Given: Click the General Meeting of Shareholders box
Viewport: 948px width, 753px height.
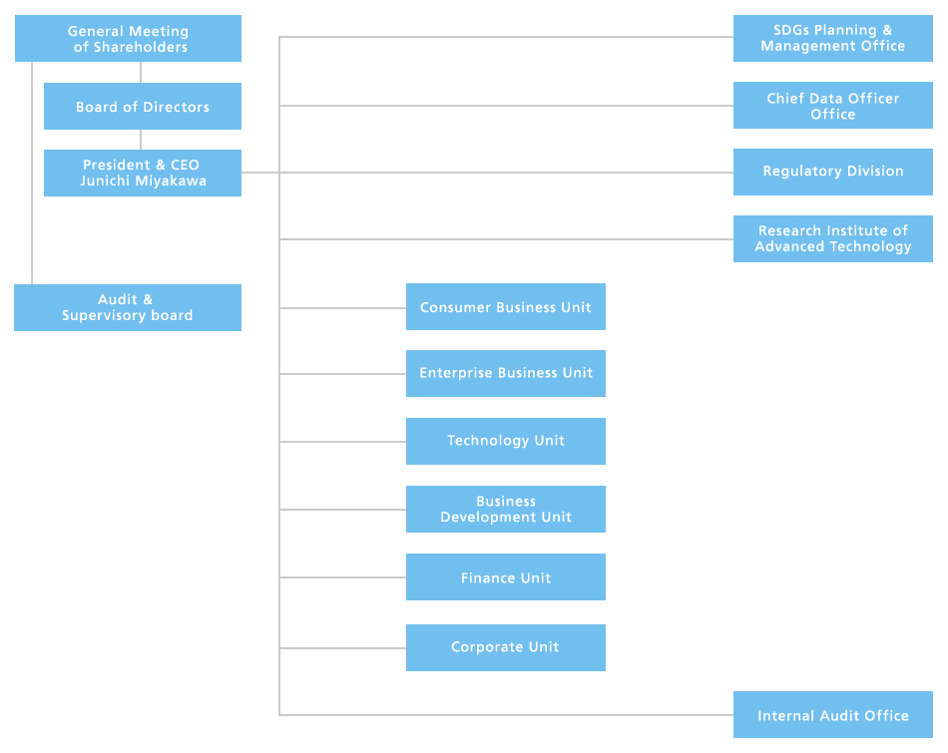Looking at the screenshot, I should click(128, 39).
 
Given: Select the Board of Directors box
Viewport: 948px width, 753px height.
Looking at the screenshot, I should click(143, 107).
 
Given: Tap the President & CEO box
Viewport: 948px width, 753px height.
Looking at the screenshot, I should click(143, 173).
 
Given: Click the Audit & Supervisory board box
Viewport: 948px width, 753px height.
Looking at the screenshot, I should click(128, 307).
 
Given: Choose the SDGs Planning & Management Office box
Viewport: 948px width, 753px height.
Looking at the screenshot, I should click(832, 38).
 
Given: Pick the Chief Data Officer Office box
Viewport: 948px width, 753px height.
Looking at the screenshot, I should click(832, 106).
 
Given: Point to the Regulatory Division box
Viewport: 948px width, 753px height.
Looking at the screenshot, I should click(832, 172).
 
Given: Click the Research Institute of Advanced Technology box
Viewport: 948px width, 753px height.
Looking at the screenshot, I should click(832, 238).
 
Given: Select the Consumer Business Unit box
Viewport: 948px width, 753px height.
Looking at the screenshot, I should click(505, 307).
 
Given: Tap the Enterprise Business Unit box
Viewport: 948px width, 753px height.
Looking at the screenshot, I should click(505, 373).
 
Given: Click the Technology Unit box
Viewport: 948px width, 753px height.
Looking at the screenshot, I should click(505, 441).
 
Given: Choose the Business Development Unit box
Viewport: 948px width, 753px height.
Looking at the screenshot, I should click(505, 509).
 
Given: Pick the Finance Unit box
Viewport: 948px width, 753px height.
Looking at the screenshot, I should click(505, 577).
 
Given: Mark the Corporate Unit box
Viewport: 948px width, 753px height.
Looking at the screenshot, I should click(505, 647).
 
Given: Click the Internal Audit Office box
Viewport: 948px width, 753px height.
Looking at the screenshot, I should click(832, 715).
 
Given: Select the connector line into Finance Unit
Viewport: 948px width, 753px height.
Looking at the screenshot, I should click(342, 577).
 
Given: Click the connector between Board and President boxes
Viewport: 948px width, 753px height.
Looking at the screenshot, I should click(141, 140).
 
